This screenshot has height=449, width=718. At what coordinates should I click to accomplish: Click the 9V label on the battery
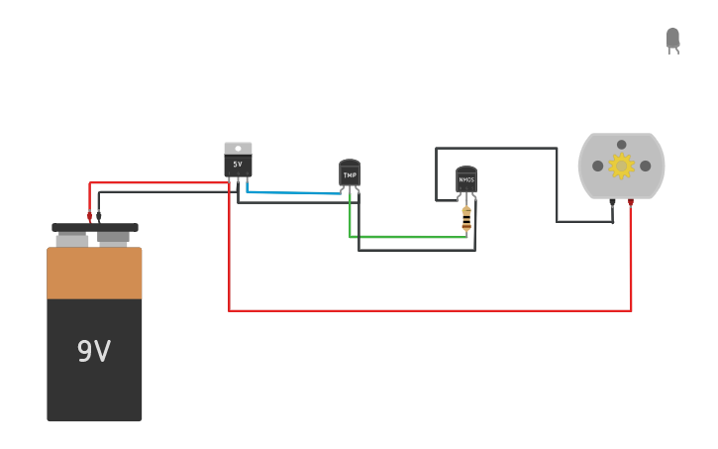[x=94, y=352]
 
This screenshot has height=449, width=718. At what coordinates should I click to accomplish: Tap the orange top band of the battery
[x=94, y=274]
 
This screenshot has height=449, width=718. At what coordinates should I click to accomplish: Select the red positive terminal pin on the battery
[x=89, y=215]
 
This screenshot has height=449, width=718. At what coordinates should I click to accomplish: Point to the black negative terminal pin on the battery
[x=98, y=215]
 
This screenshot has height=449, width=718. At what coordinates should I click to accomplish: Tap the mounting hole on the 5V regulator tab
[x=238, y=149]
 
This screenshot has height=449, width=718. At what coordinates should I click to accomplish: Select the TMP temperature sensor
[x=350, y=174]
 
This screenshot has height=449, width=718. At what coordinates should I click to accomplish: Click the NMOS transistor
[x=466, y=179]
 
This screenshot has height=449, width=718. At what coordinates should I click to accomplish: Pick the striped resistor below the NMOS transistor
[x=466, y=218]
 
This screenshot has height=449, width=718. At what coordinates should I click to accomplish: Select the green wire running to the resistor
[x=406, y=237]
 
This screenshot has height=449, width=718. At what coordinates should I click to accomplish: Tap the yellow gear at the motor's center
[x=621, y=166]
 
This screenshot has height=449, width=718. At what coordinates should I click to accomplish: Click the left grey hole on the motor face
[x=598, y=166]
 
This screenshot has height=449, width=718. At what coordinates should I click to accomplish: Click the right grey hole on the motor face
[x=645, y=166]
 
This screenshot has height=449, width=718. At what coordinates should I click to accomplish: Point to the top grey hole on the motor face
[x=622, y=145]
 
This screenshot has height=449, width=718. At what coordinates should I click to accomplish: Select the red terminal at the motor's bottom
[x=631, y=202]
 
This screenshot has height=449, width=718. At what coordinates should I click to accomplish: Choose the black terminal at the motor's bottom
[x=612, y=202]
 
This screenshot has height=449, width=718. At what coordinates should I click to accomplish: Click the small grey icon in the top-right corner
[x=672, y=40]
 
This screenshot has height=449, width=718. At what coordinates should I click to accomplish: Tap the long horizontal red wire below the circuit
[x=426, y=310]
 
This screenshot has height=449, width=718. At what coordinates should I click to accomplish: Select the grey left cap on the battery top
[x=72, y=240]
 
